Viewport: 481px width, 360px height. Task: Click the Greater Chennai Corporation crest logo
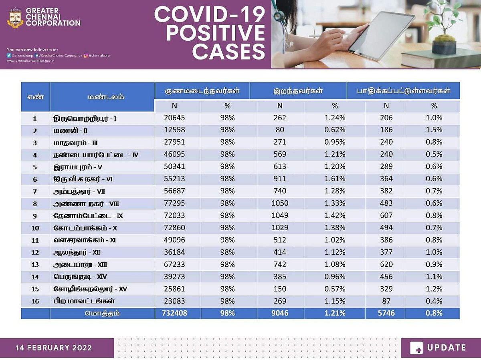click(x=16, y=17)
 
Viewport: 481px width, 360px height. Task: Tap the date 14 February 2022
click(x=54, y=348)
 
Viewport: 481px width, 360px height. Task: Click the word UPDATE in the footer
click(x=446, y=348)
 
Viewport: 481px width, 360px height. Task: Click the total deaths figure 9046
click(x=280, y=313)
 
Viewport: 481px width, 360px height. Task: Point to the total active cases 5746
click(x=386, y=313)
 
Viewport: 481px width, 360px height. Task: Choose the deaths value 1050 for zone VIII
click(x=280, y=203)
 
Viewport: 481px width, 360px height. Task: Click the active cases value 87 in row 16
click(x=386, y=301)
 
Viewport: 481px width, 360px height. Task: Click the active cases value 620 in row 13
click(x=386, y=264)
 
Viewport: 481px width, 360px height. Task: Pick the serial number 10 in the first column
click(x=35, y=228)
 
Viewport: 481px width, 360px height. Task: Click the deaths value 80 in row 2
click(x=280, y=130)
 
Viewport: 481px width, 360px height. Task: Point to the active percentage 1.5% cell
click(x=434, y=130)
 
